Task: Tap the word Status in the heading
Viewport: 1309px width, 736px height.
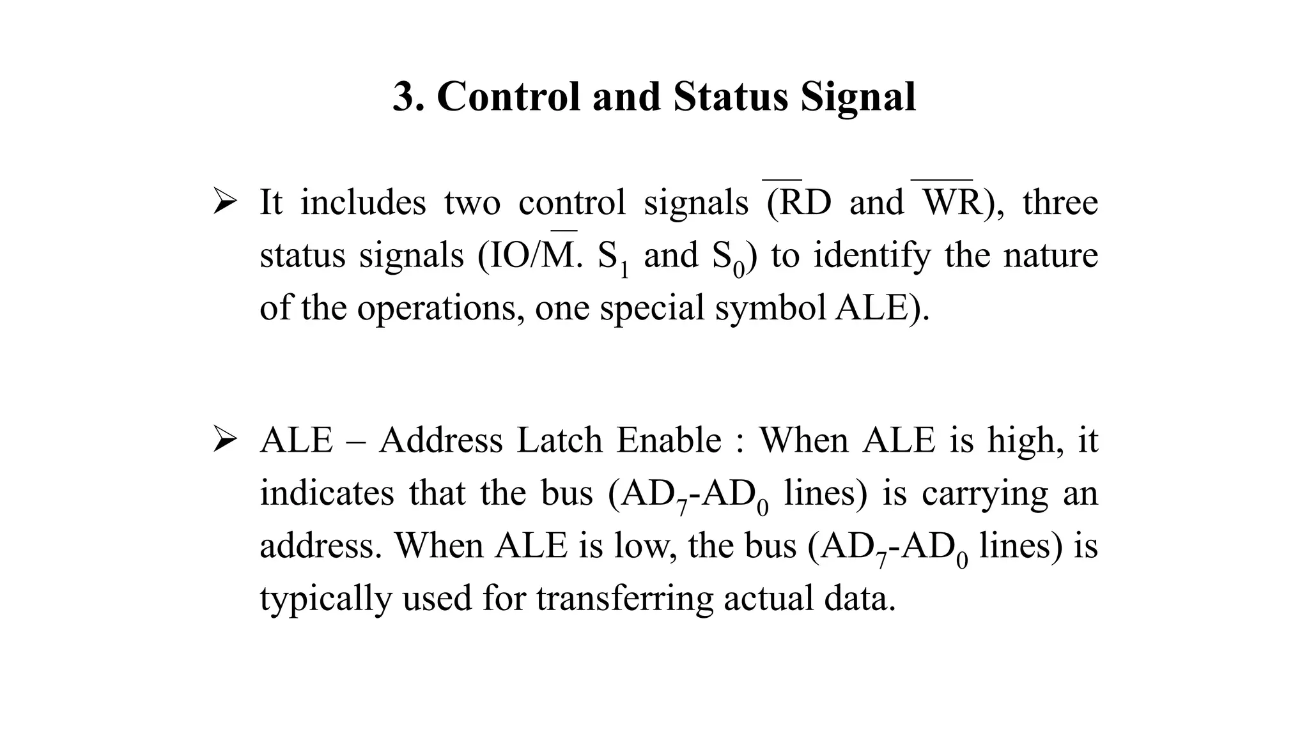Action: click(x=730, y=97)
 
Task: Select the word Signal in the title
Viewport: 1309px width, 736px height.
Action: click(x=858, y=97)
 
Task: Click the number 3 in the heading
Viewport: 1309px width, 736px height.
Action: click(x=405, y=97)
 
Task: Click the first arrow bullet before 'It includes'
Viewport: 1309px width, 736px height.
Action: click(x=225, y=203)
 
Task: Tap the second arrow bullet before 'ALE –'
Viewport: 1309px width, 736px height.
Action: click(x=225, y=441)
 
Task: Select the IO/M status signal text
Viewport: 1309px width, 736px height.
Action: click(x=531, y=256)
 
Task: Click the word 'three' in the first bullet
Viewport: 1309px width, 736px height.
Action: click(x=1060, y=203)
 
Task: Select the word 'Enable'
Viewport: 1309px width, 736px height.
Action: click(x=669, y=441)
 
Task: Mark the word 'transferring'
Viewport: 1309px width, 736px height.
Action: click(x=624, y=599)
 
